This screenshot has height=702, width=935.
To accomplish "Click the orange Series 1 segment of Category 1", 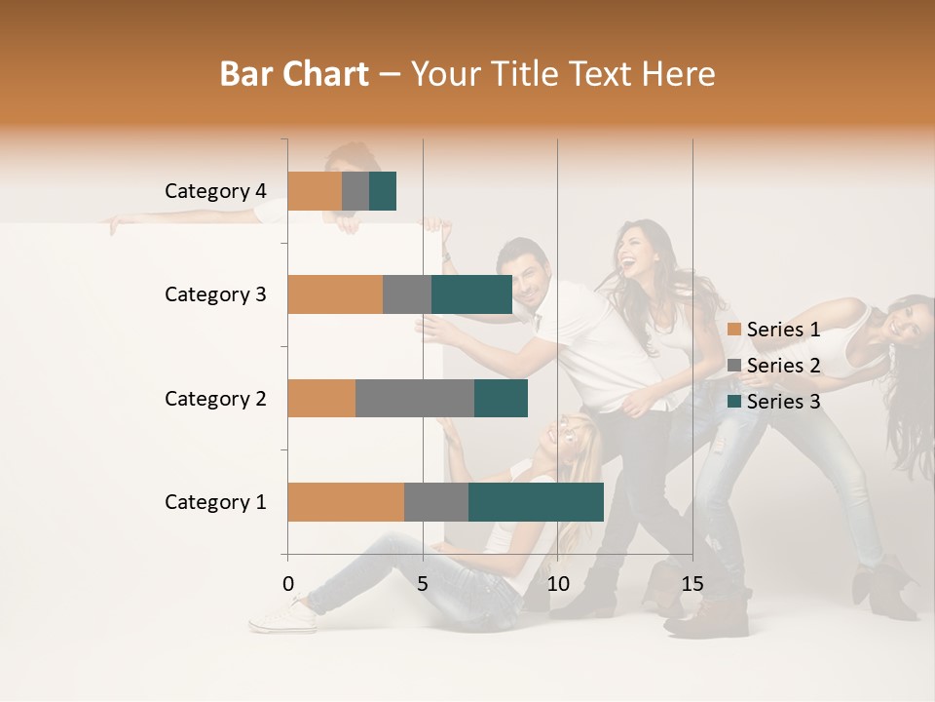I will pyautogui.click(x=346, y=502).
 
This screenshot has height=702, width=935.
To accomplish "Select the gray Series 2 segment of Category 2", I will pyautogui.click(x=415, y=398).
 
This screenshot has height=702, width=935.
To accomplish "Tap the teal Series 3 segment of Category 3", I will pyautogui.click(x=471, y=294).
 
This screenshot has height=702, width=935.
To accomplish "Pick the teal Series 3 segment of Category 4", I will pyautogui.click(x=383, y=191).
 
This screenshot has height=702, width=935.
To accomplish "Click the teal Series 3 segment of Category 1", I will pyautogui.click(x=536, y=502).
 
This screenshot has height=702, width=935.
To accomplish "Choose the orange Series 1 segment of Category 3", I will pyautogui.click(x=335, y=294).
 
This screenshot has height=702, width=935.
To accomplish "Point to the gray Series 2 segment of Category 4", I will pyautogui.click(x=355, y=191).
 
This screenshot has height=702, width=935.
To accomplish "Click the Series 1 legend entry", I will pyautogui.click(x=774, y=330).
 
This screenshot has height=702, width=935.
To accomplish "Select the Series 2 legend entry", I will pyautogui.click(x=774, y=366).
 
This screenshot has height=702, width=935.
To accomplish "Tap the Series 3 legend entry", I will pyautogui.click(x=774, y=402).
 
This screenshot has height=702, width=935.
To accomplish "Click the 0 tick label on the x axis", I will pyautogui.click(x=288, y=584).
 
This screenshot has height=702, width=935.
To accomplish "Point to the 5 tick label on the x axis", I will pyautogui.click(x=423, y=584).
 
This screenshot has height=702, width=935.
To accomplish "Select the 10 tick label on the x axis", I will pyautogui.click(x=557, y=584).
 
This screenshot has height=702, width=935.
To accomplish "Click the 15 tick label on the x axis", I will pyautogui.click(x=692, y=584).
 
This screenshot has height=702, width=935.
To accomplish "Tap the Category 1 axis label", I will pyautogui.click(x=214, y=502).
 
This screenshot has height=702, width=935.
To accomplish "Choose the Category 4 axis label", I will pyautogui.click(x=214, y=191).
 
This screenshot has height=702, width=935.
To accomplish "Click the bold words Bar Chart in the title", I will pyautogui.click(x=294, y=74).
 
